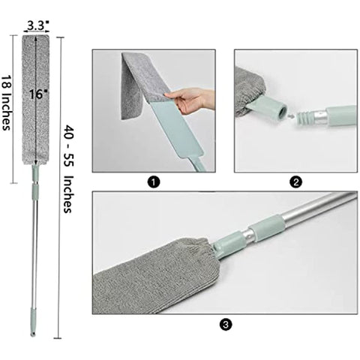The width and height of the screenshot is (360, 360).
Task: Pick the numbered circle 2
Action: [296, 181]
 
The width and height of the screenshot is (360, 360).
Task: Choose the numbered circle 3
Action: [226, 325]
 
